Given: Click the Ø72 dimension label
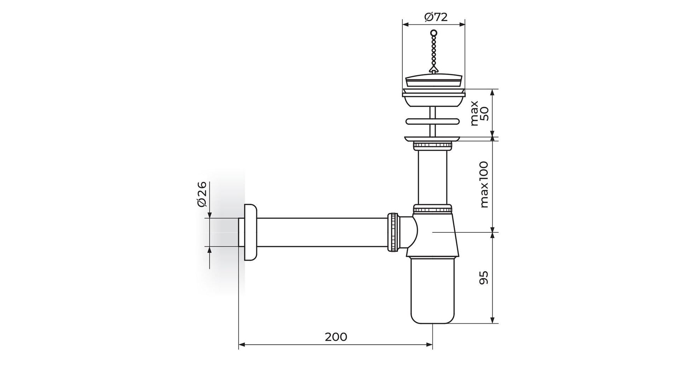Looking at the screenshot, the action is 436,17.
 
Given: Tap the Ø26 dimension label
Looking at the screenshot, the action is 202,194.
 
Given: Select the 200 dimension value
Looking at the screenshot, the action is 336,337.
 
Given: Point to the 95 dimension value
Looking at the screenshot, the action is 483,278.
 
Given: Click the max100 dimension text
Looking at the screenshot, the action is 484,185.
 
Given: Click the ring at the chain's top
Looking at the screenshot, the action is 434,33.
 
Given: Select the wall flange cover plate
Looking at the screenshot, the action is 250,232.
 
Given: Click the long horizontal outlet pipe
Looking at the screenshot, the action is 322,232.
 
